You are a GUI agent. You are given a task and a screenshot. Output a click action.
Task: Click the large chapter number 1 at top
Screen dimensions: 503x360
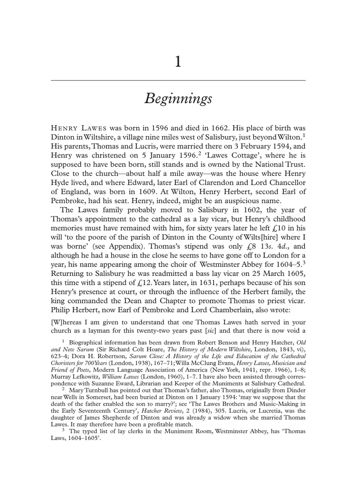(178, 62)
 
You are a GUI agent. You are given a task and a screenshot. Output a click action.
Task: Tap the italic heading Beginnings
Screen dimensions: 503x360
(178, 98)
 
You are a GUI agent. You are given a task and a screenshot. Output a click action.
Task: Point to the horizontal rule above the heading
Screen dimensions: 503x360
(178, 80)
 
